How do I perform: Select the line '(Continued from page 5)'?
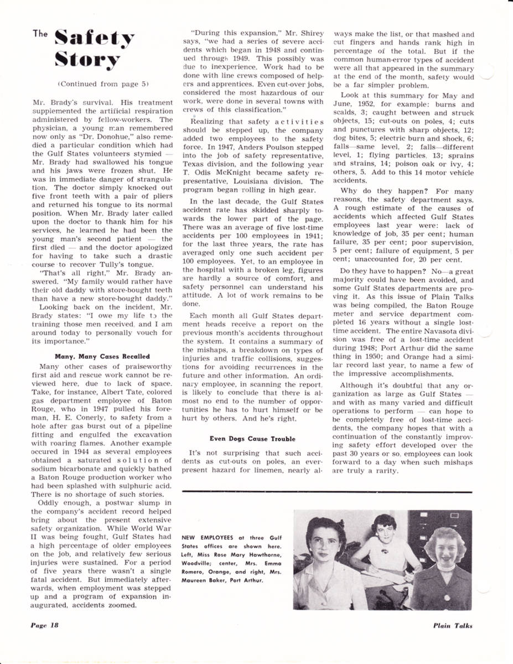[103, 84]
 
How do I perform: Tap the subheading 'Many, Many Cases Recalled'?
[102, 356]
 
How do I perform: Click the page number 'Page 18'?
[44, 626]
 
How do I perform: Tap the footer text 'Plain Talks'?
[453, 626]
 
